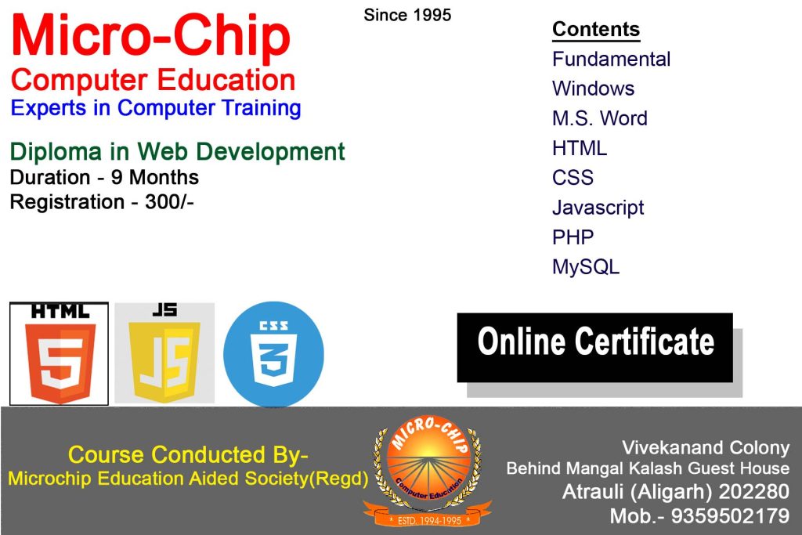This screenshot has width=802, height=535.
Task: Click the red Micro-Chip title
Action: click(x=151, y=36)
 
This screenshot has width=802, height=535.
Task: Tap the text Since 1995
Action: click(x=407, y=16)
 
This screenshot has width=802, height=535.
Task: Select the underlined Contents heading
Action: click(x=596, y=30)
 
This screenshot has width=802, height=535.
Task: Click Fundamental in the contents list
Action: click(x=611, y=60)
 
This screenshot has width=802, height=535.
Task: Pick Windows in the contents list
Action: click(x=594, y=89)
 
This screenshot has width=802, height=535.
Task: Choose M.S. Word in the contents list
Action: click(x=600, y=118)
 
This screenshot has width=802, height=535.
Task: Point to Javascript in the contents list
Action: click(x=598, y=208)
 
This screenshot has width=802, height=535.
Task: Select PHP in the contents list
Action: click(x=573, y=237)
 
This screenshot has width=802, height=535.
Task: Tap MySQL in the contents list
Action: click(x=586, y=267)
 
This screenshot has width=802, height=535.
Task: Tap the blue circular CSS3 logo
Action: click(x=273, y=353)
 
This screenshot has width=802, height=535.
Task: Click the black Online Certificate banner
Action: click(x=595, y=348)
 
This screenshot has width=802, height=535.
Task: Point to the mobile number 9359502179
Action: click(x=731, y=516)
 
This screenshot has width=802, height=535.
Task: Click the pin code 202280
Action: click(x=754, y=491)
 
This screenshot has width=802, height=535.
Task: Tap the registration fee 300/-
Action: click(x=169, y=201)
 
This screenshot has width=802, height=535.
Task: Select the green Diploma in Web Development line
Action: click(x=178, y=152)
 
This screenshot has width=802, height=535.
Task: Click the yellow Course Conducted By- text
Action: click(x=188, y=454)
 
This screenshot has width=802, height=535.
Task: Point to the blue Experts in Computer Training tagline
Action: click(x=156, y=108)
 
